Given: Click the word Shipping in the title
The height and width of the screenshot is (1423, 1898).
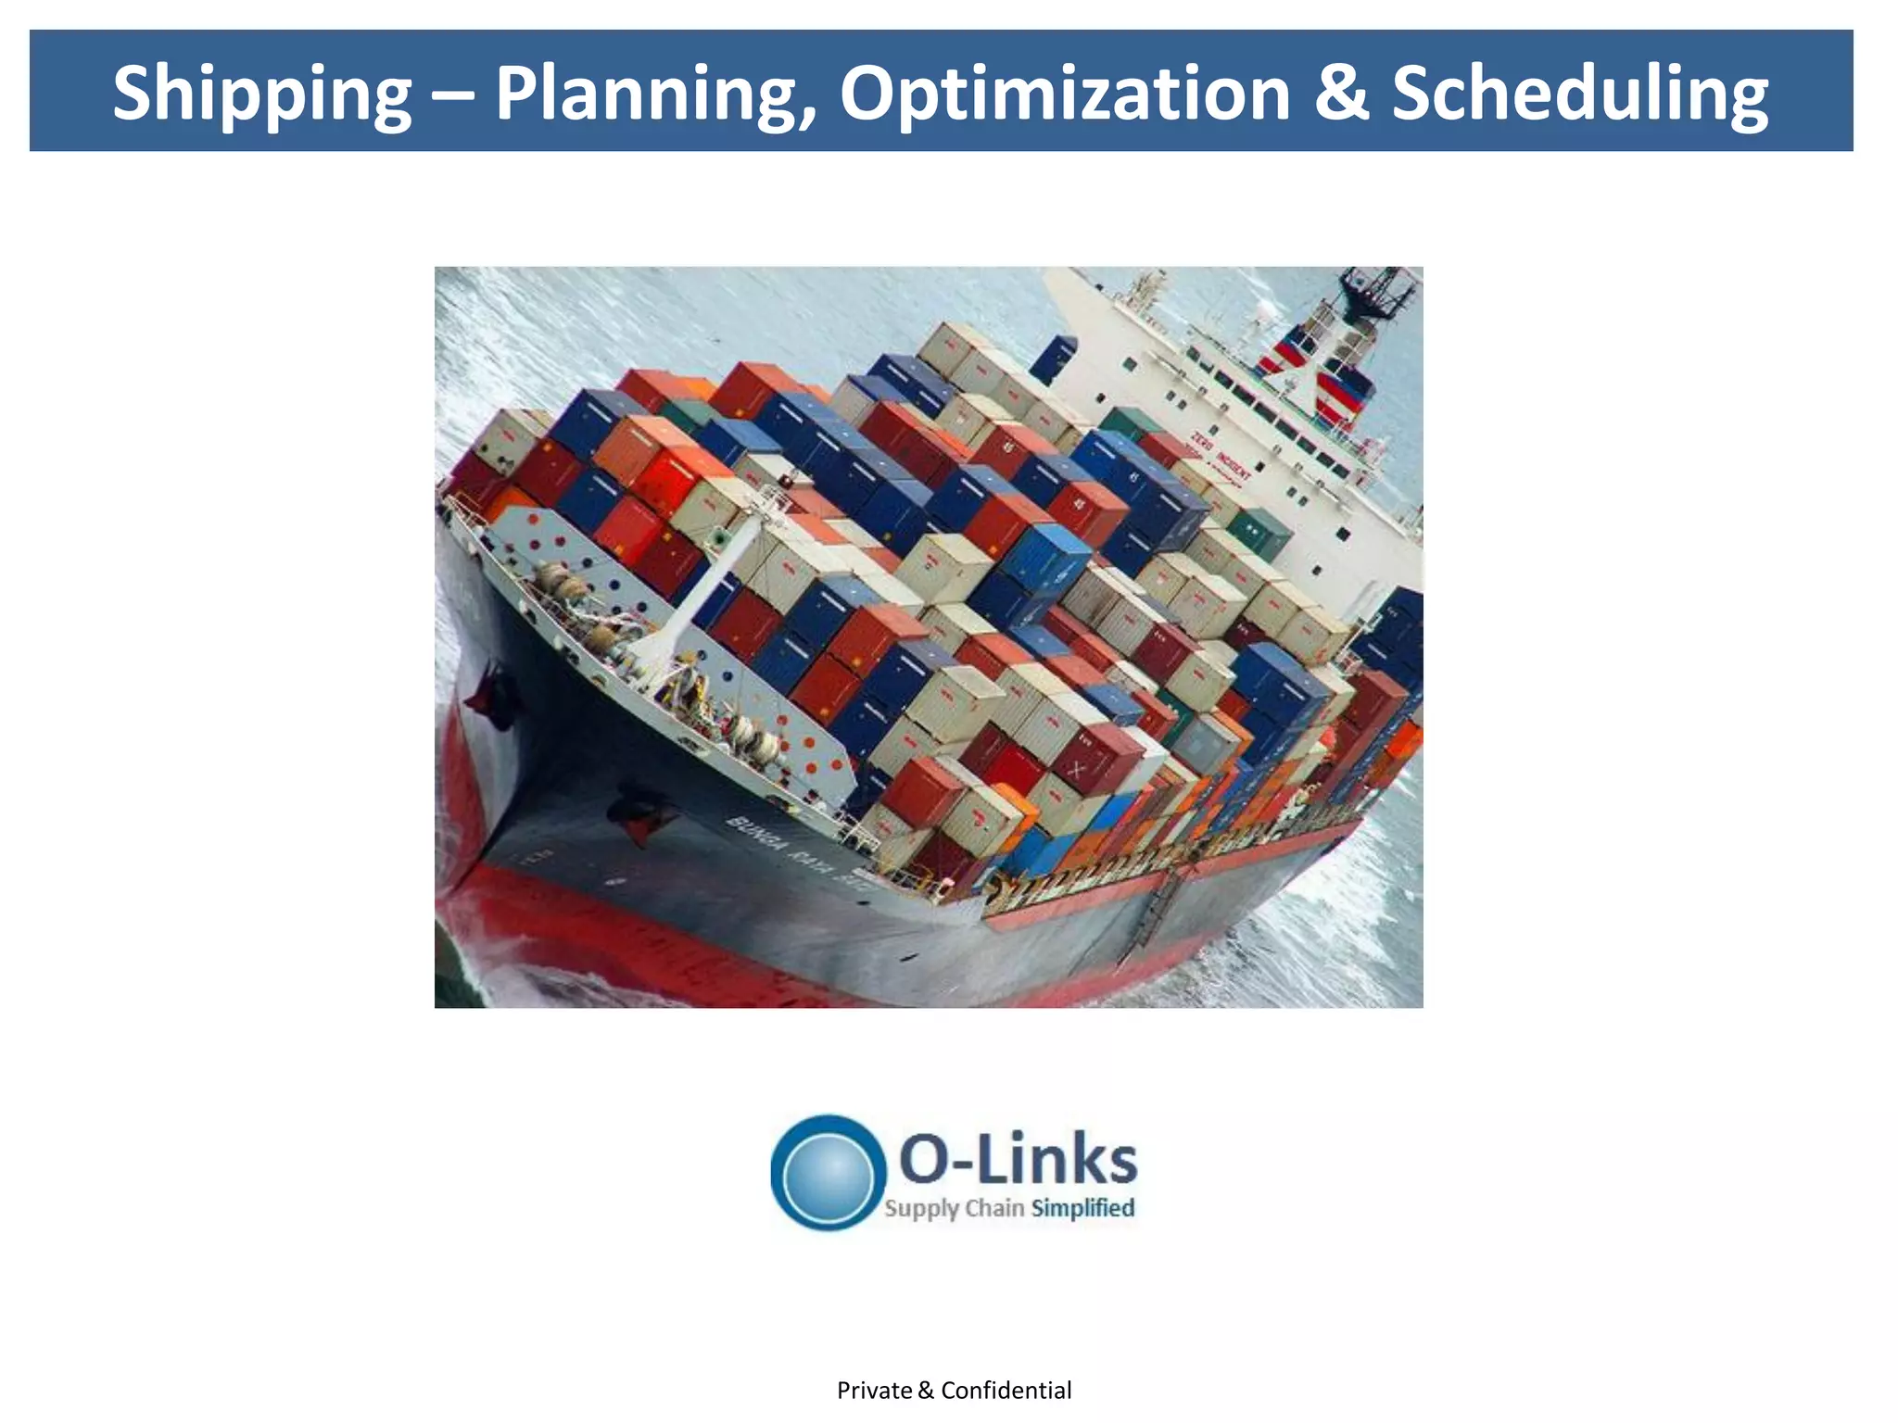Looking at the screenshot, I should [262, 93].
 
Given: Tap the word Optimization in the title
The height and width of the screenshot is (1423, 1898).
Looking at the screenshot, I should [1065, 93].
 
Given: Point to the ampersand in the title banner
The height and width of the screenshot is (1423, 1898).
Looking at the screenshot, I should [1341, 93].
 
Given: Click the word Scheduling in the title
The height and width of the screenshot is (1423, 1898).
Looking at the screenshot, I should [1579, 93].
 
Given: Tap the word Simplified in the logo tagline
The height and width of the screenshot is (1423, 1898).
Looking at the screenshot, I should [1082, 1208].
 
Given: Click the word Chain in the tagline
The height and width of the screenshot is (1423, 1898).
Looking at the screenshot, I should [994, 1208].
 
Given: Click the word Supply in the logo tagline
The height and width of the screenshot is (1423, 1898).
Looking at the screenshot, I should [921, 1209].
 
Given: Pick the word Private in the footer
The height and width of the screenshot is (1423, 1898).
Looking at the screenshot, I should [874, 1391].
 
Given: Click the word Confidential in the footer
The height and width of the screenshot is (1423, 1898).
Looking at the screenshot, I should [1006, 1391].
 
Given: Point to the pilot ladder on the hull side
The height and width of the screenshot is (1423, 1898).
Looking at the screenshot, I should [1155, 913].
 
